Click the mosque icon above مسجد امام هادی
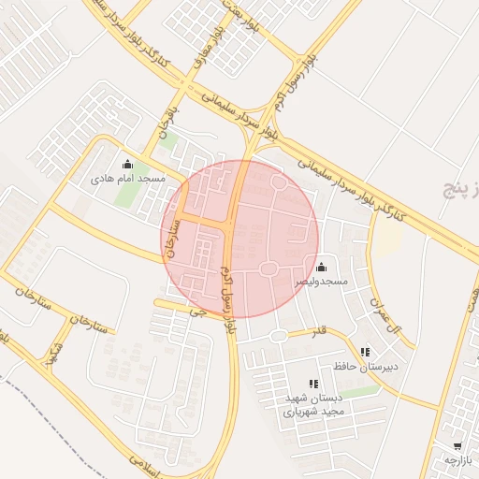(x=128, y=165)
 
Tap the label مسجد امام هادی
(x=128, y=178)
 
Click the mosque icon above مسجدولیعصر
(x=322, y=268)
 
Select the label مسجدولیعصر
(x=321, y=281)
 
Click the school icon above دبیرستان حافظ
(x=364, y=353)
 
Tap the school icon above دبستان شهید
(x=313, y=384)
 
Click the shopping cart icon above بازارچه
(x=457, y=447)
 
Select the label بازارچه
(x=457, y=460)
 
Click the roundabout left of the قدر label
(x=277, y=335)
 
